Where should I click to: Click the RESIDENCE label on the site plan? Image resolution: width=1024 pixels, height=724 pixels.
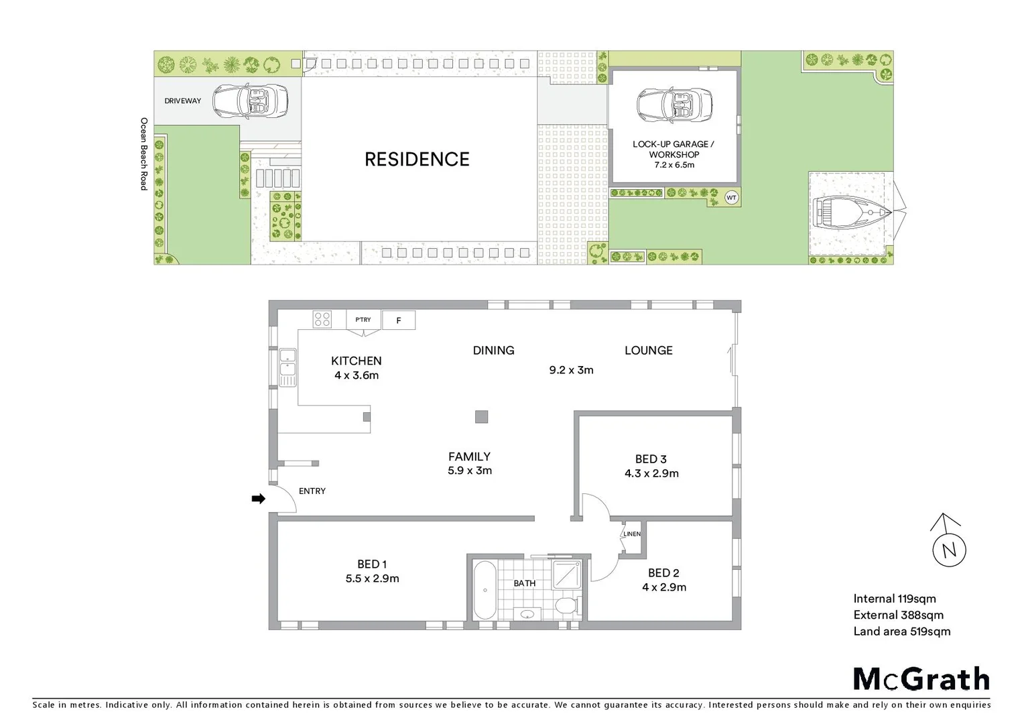pos(417,160)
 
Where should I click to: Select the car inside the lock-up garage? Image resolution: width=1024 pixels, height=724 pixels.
pos(674,106)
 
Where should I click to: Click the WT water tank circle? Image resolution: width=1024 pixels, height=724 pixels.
pos(732,198)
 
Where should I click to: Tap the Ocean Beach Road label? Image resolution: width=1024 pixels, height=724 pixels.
pos(143,154)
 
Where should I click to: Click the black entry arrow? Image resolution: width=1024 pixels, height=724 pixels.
pos(258,499)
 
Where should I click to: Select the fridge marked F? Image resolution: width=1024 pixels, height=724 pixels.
pos(399,320)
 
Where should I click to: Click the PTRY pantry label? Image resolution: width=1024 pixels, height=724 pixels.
pos(363,320)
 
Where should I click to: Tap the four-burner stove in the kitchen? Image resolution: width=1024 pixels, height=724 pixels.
pos(322,320)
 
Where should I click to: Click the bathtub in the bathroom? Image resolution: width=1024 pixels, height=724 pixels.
pos(484,590)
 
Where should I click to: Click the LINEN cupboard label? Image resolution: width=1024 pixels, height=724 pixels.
pos(632,534)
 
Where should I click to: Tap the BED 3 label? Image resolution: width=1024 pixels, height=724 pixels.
pos(651,459)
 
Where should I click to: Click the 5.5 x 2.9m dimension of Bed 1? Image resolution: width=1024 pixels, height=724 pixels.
pos(373,579)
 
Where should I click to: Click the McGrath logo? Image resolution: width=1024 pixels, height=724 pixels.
pos(921,679)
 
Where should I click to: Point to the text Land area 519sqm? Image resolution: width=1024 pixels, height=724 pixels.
pos(901,631)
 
